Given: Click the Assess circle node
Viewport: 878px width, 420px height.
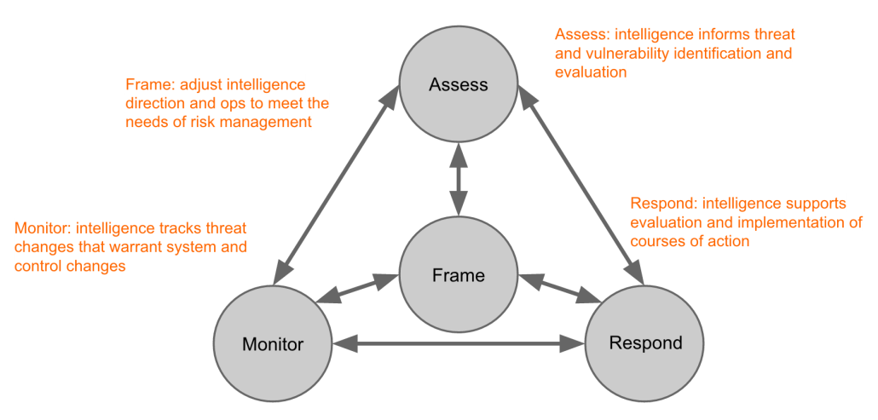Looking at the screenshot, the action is coord(459,84).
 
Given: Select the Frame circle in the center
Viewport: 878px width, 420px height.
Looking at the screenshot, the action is coord(459,276).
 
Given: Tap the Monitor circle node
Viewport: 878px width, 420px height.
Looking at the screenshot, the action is coord(273,344).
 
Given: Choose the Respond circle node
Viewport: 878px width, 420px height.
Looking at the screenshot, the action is coord(645,342).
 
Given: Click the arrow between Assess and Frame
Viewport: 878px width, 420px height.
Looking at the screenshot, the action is coord(459,180).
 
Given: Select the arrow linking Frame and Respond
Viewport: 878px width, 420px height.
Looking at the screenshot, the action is coord(560,287).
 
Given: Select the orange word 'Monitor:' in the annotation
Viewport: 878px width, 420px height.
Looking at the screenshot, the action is coord(43,228).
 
